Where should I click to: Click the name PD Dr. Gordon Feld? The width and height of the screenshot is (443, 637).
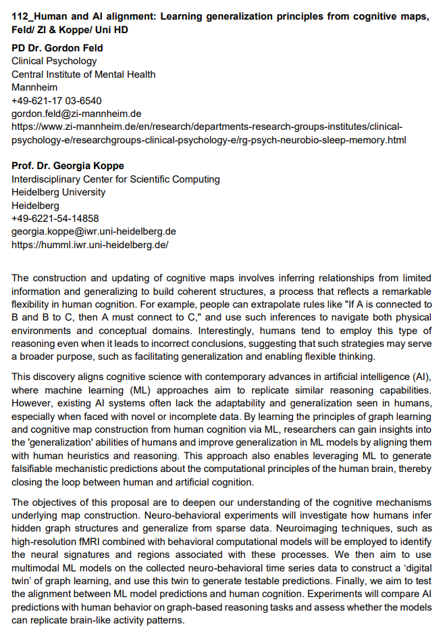coord(57,48)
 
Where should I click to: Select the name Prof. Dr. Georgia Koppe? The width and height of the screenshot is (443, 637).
coord(68,166)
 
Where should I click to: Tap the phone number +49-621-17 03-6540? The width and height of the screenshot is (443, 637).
coord(57,101)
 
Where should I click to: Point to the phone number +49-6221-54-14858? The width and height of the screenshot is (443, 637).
coord(55,218)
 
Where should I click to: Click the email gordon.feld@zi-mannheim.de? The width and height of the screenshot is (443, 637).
coord(76,114)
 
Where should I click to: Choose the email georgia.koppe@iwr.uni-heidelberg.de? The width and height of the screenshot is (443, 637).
coord(94,231)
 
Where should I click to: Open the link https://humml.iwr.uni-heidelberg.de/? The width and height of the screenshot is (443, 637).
coord(90,244)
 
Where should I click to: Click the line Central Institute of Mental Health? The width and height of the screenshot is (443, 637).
coord(84,74)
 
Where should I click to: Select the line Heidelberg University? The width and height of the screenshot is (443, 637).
coord(59,192)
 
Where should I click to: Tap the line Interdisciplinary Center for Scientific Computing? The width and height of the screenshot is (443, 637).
coord(115,179)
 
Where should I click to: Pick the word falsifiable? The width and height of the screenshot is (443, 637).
coord(38,469)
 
